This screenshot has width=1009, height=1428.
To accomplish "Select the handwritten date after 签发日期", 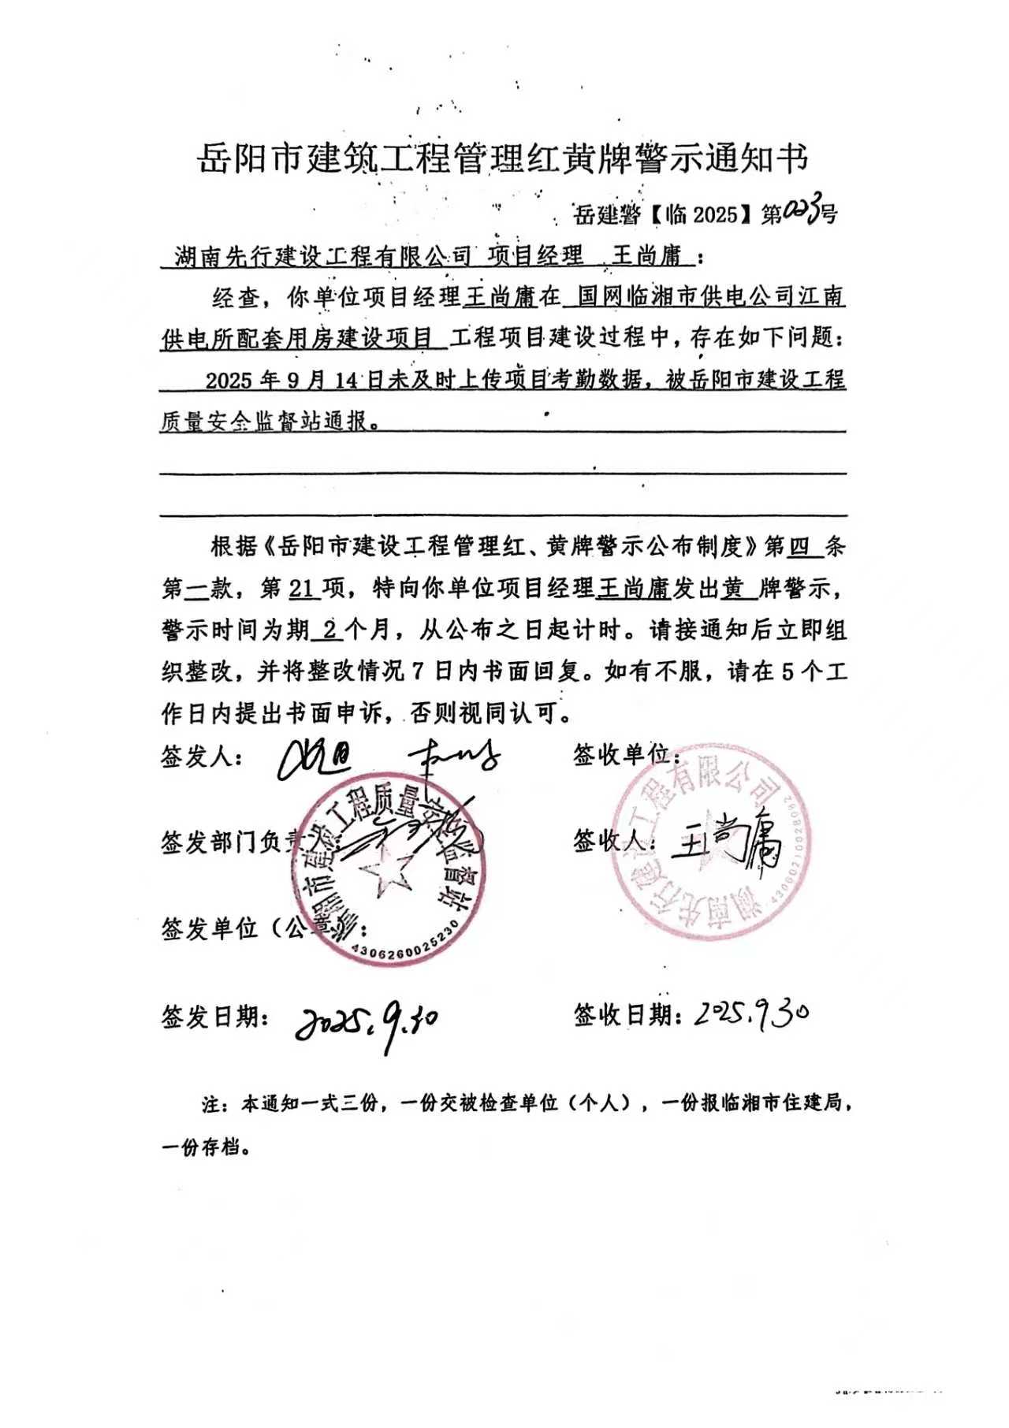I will point(366,1021).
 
